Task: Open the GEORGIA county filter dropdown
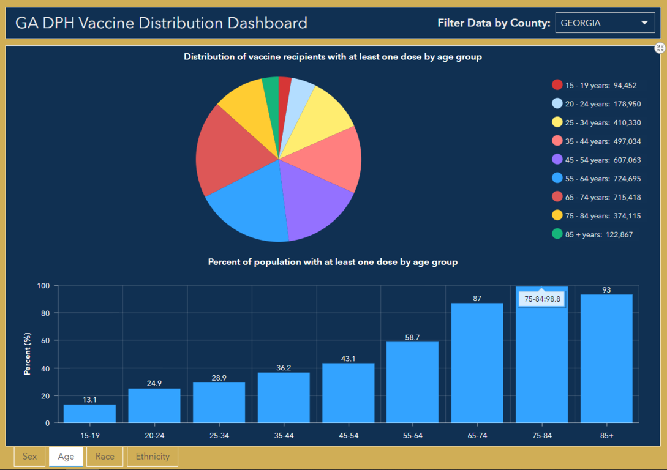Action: coord(605,23)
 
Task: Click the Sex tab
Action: coord(29,457)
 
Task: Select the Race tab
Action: coord(105,457)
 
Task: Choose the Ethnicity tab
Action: coord(153,457)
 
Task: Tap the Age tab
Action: coord(66,457)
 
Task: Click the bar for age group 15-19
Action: coord(89,414)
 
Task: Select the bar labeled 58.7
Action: coord(412,382)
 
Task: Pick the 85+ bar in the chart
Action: coord(606,359)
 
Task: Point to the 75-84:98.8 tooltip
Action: coord(542,299)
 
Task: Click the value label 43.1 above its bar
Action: coord(348,359)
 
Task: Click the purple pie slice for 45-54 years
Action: coord(315,208)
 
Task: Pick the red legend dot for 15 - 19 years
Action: coord(557,85)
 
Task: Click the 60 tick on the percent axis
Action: coord(44,340)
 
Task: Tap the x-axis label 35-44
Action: coord(284,435)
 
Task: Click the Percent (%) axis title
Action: coord(27,353)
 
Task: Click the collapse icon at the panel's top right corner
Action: coord(660,48)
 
